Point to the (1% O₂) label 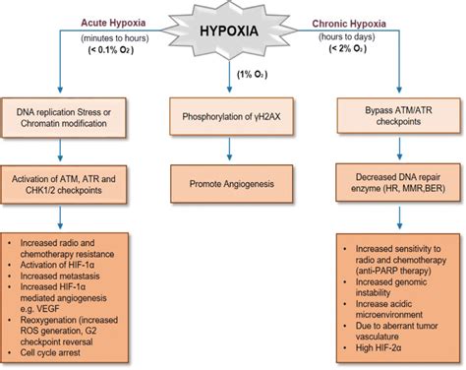(232, 76)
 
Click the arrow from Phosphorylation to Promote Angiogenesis (232, 151)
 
